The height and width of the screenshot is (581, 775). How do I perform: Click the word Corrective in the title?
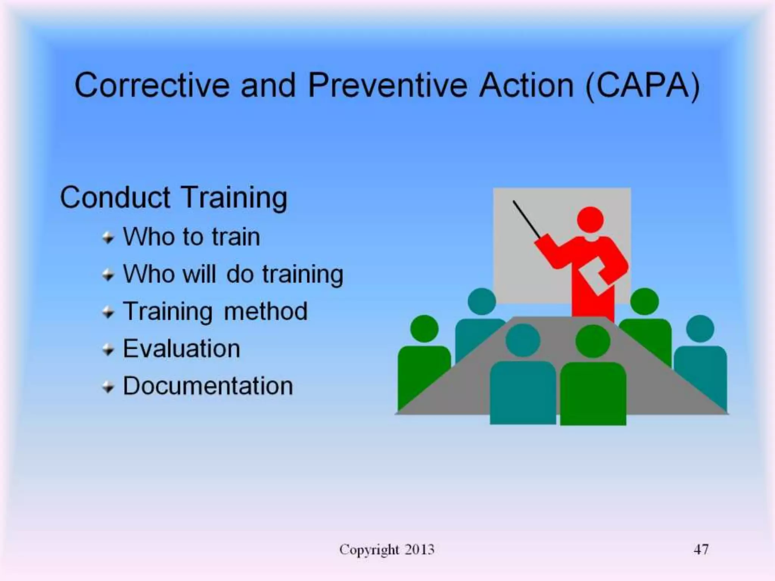152,85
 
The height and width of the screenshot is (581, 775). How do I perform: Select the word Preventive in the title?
388,85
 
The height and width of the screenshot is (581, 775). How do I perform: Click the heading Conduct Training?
174,197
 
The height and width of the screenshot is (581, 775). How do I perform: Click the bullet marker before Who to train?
108,238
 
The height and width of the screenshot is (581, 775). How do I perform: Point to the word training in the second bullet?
303,274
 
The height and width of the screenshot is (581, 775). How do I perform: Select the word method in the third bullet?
266,311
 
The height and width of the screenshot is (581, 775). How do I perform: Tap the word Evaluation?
182,348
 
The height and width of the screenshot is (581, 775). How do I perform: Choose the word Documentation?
208,386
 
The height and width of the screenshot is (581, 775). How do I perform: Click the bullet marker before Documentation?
108,387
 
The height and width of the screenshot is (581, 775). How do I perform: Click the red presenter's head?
590,219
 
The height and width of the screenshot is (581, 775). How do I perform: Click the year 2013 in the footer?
419,549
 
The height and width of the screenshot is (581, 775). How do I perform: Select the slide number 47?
701,549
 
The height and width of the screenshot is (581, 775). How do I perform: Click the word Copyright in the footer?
369,550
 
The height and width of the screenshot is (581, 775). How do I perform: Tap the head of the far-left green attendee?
424,328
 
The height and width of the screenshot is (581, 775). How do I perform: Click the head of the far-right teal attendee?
700,328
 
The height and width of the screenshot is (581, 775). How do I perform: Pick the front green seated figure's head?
593,341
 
